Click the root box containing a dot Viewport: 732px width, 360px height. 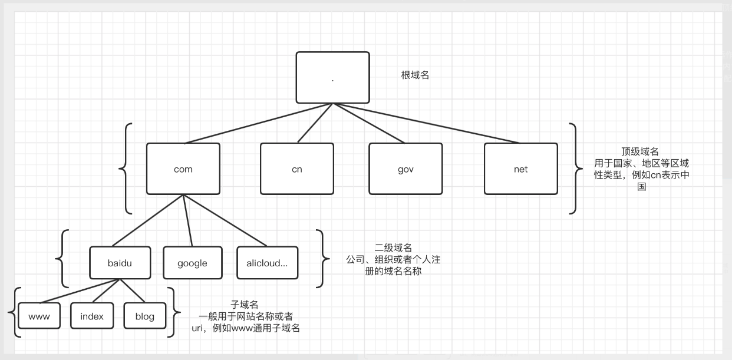coord(333,77)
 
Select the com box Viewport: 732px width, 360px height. coord(183,169)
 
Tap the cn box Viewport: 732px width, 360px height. coord(297,169)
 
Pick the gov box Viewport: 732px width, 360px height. coord(405,169)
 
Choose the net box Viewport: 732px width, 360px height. coord(520,169)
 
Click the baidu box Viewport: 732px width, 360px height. coord(120,263)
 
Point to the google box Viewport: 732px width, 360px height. coord(192,263)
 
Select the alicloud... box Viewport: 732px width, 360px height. coord(267,263)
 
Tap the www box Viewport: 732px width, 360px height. coord(39,316)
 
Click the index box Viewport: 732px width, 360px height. coord(92,316)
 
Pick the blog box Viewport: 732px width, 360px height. coord(144,316)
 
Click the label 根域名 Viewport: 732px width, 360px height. coord(415,75)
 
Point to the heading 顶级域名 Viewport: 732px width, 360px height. coord(639,151)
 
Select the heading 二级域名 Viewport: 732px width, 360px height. coord(393,247)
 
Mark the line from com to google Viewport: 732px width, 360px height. coord(189,220)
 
